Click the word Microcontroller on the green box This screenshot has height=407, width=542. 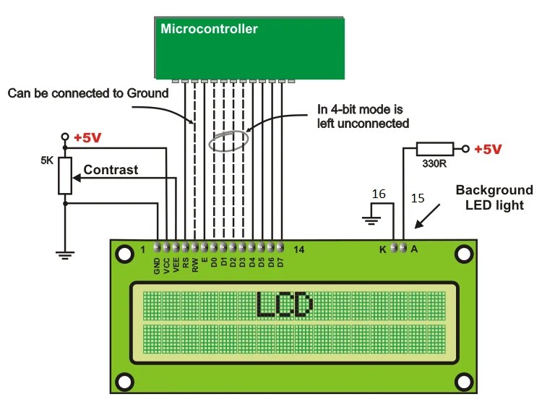click(209, 29)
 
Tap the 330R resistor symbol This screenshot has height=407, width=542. click(435, 150)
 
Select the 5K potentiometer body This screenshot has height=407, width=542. click(65, 176)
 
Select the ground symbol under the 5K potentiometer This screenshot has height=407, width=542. click(65, 252)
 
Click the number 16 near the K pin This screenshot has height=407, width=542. click(379, 194)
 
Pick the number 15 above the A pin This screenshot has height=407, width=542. click(418, 198)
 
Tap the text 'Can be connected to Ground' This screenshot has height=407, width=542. click(87, 93)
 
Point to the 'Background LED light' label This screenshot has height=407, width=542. click(494, 197)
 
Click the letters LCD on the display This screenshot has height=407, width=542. click(284, 304)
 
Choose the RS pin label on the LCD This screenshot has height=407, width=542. click(186, 265)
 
